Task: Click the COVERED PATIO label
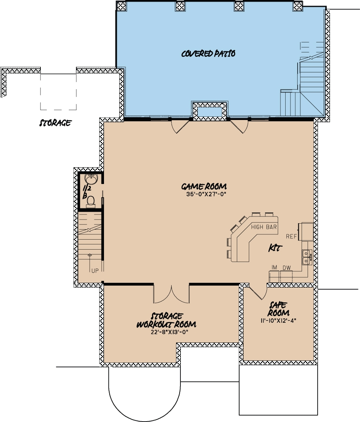click(208, 54)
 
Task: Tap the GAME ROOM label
click(204, 186)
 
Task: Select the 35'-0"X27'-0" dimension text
click(204, 195)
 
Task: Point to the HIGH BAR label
click(264, 227)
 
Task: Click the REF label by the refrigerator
click(292, 236)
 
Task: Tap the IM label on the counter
click(274, 267)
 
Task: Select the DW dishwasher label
click(286, 267)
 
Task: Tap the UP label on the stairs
click(95, 271)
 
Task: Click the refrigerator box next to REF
click(307, 232)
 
